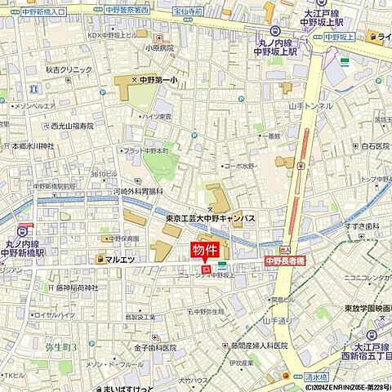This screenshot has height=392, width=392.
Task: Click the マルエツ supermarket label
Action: point(119,259)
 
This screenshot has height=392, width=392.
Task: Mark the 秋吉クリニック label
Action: point(69,69)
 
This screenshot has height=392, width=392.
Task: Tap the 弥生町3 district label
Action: point(61,347)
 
